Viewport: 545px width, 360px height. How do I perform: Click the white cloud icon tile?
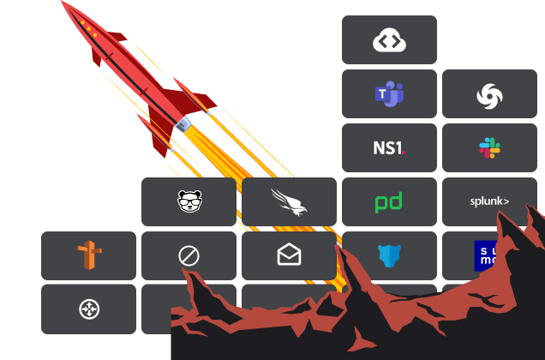tap(389, 40)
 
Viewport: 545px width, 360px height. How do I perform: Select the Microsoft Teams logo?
tap(389, 94)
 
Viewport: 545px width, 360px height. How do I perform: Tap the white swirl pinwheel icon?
tap(489, 95)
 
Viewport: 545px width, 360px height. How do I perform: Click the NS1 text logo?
tap(389, 148)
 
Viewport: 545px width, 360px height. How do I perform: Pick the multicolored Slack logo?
tap(489, 148)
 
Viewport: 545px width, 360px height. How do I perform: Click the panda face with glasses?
tap(189, 201)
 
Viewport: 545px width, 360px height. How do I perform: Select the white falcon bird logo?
tap(289, 201)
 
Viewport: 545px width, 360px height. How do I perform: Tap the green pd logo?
tap(389, 202)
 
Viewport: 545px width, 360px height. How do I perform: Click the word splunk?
tap(489, 202)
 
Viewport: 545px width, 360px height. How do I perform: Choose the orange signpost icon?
tap(88, 255)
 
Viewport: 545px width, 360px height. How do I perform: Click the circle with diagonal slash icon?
tap(189, 255)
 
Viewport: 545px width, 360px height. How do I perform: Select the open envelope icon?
tap(289, 255)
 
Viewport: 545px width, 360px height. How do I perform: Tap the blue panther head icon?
tap(389, 255)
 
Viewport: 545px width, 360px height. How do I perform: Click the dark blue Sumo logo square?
tap(485, 255)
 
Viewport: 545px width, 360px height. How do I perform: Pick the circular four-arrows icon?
tap(88, 309)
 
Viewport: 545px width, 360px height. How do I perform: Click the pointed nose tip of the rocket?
tap(63, 3)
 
